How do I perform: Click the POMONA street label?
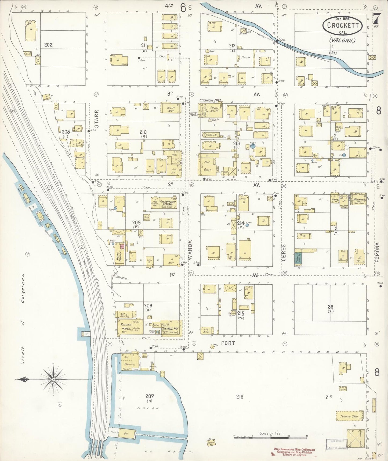378,252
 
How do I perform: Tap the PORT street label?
228,343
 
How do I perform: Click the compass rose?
53,379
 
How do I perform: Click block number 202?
48,45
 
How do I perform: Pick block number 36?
330,307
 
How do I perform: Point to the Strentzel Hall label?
210,100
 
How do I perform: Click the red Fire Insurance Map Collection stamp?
295,450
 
